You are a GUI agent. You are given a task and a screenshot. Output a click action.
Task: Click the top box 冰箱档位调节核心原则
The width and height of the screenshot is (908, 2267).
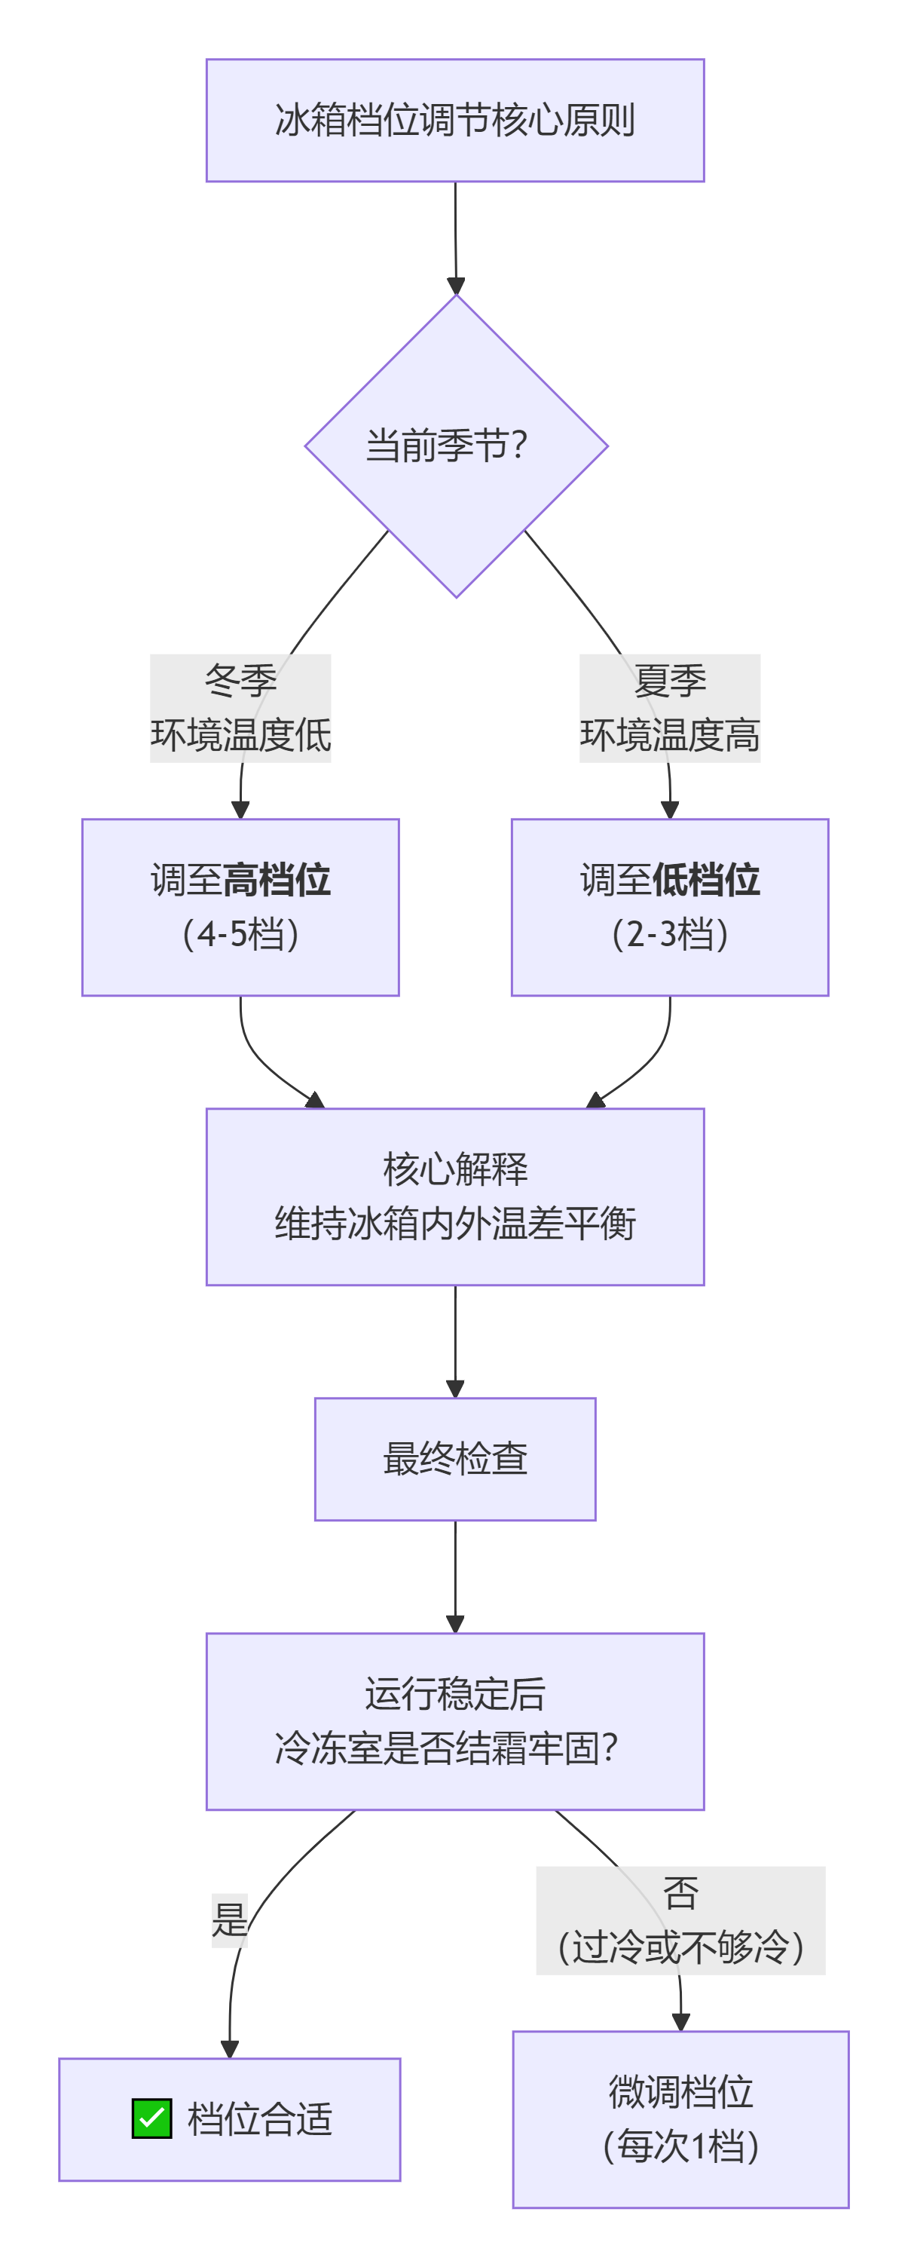tap(455, 121)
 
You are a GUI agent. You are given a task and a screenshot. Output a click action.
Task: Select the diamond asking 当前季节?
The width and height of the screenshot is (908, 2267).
tap(455, 446)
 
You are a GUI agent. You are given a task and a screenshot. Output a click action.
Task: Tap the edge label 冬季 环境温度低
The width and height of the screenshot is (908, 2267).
tap(240, 709)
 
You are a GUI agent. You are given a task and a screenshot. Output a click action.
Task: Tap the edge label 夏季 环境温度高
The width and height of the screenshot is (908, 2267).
tap(670, 709)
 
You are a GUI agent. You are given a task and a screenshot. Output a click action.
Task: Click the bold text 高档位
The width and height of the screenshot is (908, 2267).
tap(277, 880)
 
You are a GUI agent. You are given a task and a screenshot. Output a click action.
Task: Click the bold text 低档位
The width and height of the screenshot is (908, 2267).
tap(707, 880)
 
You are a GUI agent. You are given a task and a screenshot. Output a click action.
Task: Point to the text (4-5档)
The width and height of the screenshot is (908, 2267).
tap(240, 934)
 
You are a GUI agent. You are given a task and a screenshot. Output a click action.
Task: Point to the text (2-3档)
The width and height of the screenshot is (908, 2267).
tap(670, 934)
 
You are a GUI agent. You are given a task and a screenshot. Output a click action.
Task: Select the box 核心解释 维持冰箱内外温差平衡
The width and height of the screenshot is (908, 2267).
tap(455, 1197)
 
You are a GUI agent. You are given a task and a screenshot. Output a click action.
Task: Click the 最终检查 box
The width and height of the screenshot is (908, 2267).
tap(455, 1459)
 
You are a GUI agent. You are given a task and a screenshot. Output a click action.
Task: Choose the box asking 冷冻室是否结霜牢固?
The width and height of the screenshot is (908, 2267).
tap(455, 1721)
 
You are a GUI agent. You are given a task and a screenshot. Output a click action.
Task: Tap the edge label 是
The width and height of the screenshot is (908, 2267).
tap(229, 1920)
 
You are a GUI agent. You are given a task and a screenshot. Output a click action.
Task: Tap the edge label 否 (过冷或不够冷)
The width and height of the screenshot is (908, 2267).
tap(680, 1921)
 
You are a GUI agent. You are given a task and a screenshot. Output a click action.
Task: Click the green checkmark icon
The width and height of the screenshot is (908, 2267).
tap(151, 2118)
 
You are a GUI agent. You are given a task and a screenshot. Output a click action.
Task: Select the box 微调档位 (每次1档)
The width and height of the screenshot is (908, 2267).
tap(680, 2119)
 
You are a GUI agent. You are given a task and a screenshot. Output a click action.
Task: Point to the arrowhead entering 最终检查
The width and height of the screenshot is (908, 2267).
tap(455, 1389)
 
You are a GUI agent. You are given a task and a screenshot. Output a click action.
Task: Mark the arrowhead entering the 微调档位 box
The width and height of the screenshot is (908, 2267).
tap(680, 2022)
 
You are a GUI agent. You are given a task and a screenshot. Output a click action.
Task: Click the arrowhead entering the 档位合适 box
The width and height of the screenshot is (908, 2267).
tap(230, 2050)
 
